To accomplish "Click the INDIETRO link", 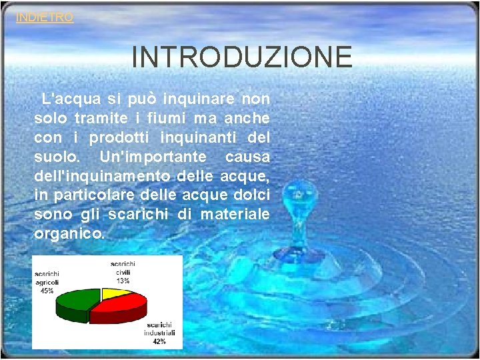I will point(45,18).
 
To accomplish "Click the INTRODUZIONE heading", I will point(242,57).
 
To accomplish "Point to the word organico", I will point(69,234).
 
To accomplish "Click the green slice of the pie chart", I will point(72,301).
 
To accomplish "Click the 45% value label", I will point(47,291).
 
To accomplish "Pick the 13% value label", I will point(123,281).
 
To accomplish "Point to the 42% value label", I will point(159,341).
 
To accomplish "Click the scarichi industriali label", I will point(159,328).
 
